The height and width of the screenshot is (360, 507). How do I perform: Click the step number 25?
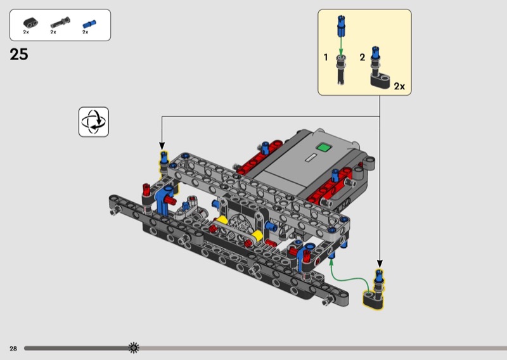(19, 55)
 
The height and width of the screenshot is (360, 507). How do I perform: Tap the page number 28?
(13, 349)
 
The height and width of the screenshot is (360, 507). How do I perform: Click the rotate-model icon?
(94, 122)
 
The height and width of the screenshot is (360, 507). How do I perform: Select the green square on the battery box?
(324, 148)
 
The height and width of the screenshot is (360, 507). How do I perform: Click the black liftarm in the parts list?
(30, 23)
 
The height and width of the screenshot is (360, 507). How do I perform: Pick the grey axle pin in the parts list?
(60, 23)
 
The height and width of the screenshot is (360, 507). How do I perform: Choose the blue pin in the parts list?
(89, 24)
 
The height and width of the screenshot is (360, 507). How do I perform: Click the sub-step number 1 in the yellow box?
(326, 57)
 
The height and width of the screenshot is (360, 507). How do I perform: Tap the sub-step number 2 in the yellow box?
(363, 57)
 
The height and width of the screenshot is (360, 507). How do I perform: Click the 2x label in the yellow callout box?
(399, 86)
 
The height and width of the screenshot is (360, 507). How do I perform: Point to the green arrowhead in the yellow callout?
(341, 52)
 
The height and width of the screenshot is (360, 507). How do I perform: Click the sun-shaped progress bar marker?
(134, 348)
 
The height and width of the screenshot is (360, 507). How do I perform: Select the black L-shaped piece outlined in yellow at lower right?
(373, 300)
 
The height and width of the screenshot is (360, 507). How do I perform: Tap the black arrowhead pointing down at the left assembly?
(162, 146)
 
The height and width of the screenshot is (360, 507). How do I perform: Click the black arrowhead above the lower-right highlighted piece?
(380, 263)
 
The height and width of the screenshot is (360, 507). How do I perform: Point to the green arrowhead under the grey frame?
(331, 262)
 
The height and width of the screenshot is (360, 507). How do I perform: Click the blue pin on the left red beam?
(266, 148)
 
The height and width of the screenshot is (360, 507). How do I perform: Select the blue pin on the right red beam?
(335, 176)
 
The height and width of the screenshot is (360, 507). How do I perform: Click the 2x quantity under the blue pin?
(86, 32)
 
